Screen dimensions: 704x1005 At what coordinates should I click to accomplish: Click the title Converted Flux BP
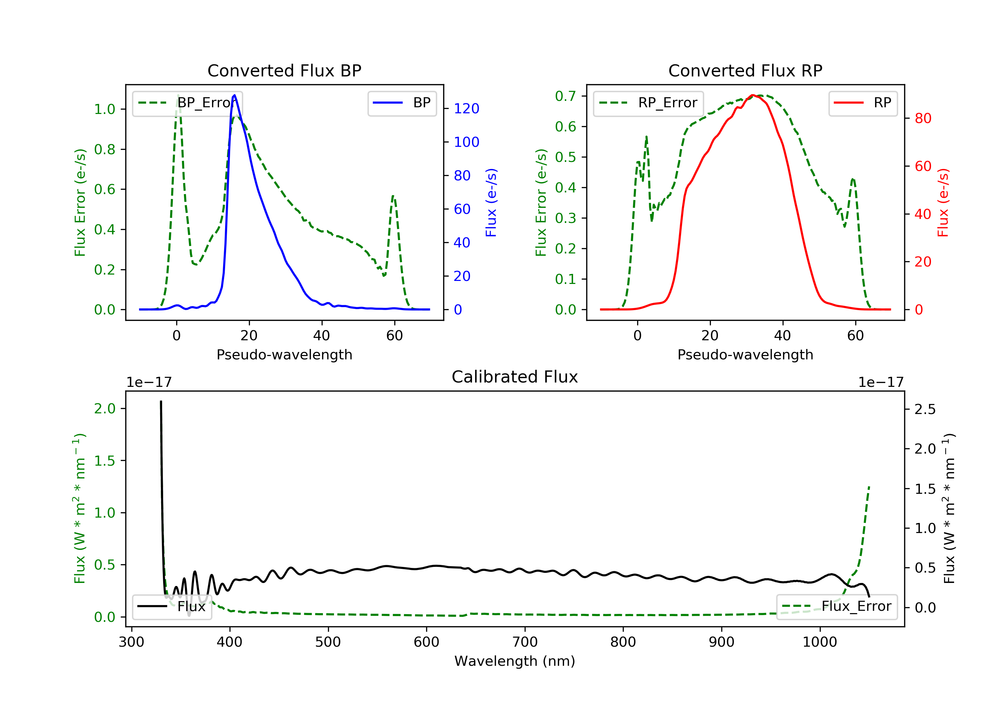(x=284, y=70)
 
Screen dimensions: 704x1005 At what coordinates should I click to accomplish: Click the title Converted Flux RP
(x=745, y=70)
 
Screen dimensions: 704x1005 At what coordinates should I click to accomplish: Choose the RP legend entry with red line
(x=863, y=103)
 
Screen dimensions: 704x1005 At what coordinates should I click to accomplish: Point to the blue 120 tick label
(x=466, y=109)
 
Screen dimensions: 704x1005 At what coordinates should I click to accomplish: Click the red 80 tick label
(x=923, y=118)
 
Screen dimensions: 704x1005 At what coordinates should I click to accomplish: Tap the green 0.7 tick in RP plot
(x=565, y=96)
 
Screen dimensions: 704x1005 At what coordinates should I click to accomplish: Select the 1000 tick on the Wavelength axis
(x=819, y=642)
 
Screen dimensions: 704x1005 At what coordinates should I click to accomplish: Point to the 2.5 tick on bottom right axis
(x=925, y=409)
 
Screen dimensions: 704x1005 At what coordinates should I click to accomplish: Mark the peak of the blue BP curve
(x=234, y=95)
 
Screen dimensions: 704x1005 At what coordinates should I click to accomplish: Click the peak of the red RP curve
(x=752, y=95)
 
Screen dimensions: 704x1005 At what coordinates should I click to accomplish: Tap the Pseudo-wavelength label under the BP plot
(x=284, y=354)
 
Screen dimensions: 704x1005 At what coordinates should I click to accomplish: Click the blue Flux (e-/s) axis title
(x=491, y=202)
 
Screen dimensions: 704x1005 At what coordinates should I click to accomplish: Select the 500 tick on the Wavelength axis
(x=328, y=642)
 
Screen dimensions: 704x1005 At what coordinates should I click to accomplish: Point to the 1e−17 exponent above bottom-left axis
(x=149, y=383)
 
